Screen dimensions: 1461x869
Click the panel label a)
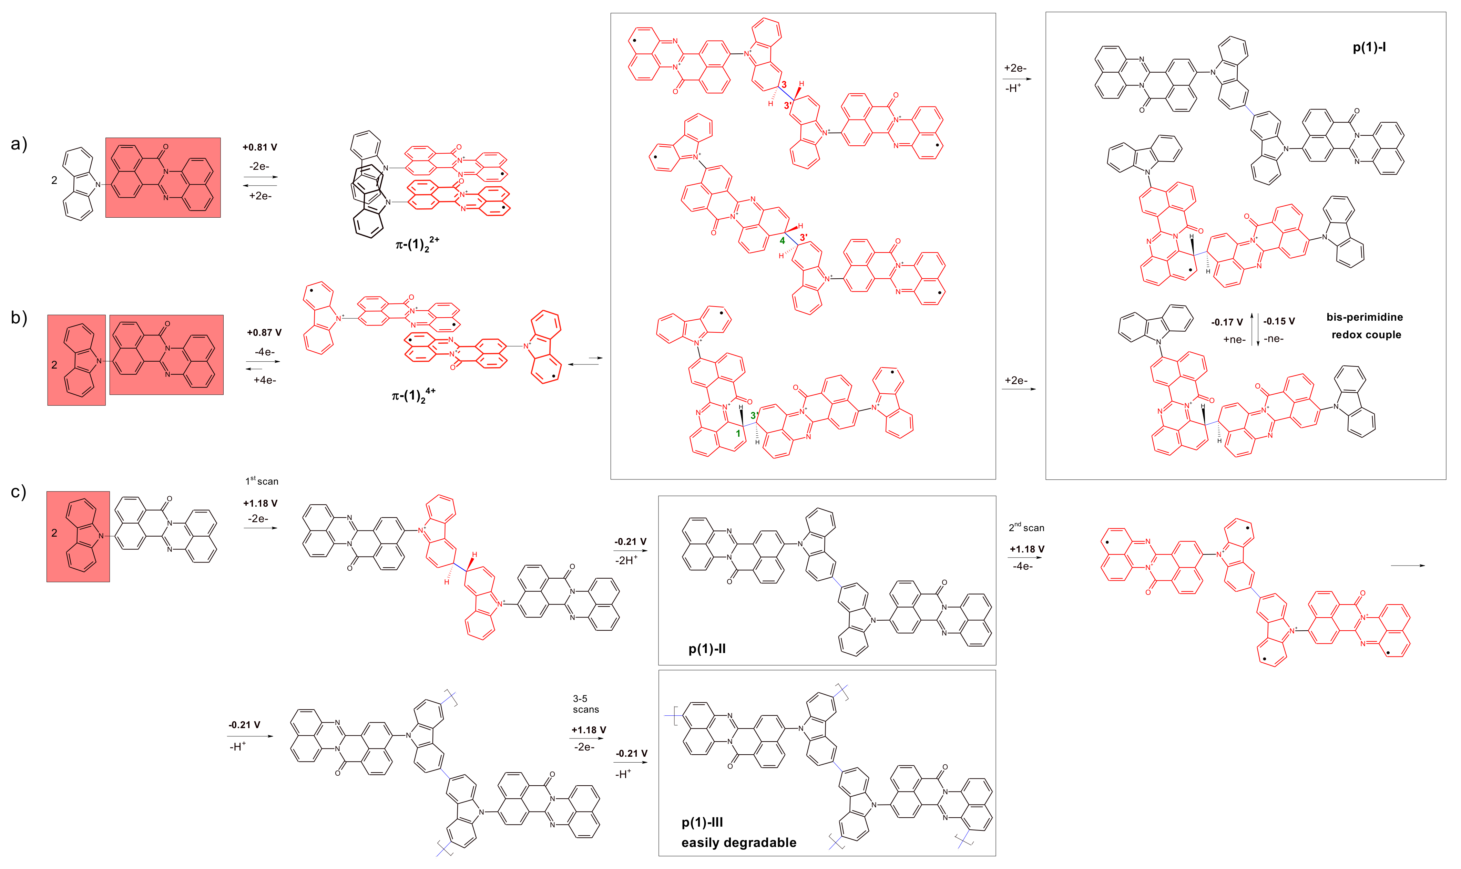(x=19, y=144)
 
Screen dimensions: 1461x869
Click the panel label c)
(x=19, y=492)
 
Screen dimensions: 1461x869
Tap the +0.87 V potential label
(x=264, y=333)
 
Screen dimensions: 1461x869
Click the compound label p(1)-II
(x=707, y=649)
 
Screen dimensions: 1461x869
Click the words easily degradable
(x=739, y=842)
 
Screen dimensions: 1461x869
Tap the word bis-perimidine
(x=1364, y=317)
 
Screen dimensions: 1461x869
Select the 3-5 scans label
(x=586, y=704)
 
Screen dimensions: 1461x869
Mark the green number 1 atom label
(x=738, y=433)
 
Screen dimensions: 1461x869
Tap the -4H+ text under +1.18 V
(x=1022, y=566)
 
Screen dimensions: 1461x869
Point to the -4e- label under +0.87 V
(x=265, y=352)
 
